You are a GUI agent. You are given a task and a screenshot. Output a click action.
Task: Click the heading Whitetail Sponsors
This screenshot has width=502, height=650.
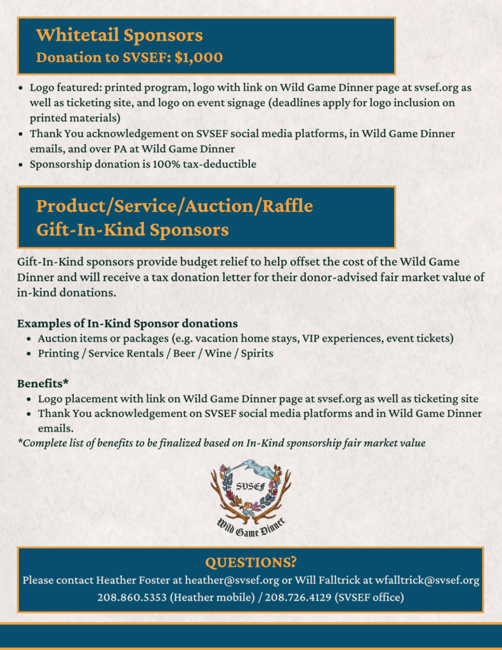tap(119, 35)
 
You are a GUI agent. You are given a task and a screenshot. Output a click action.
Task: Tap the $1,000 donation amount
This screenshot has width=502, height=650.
tap(199, 58)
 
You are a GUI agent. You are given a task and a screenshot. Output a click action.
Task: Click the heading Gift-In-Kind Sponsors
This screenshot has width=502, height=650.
tap(132, 230)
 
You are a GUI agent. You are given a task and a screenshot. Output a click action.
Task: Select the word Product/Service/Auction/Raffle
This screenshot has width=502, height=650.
tap(174, 206)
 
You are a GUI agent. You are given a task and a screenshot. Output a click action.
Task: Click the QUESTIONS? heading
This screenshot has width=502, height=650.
tap(251, 563)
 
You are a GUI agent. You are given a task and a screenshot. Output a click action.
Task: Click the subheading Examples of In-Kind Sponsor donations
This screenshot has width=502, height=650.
tap(128, 324)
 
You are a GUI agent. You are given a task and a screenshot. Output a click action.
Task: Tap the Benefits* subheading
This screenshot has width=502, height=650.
tap(43, 383)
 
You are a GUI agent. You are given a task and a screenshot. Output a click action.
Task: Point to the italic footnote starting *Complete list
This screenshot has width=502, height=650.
tap(221, 443)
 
